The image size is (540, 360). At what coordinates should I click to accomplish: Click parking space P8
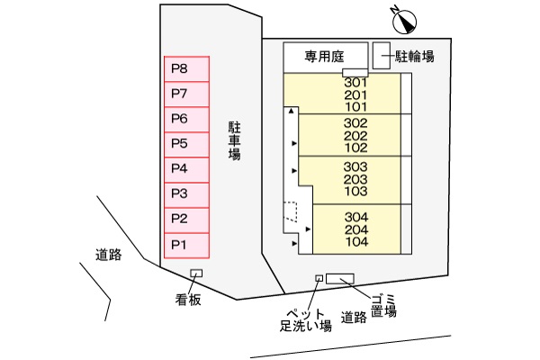pos(185,69)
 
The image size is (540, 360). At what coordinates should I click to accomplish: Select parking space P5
pos(185,144)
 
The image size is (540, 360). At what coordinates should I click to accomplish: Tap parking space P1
pos(185,244)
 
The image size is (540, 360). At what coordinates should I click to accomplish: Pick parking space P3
pos(185,193)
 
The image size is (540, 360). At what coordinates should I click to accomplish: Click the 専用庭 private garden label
pos(325,56)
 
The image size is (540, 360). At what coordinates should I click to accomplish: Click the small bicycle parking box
pos(381,54)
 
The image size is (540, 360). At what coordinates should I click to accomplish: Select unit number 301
pos(356,83)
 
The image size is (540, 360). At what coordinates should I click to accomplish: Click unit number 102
pos(356,148)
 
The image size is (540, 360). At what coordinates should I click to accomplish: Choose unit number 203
pos(356,179)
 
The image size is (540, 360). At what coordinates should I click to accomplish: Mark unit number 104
pos(356,242)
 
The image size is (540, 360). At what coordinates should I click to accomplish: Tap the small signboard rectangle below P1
pos(196,274)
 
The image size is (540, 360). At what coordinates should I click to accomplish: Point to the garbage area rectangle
pos(340,278)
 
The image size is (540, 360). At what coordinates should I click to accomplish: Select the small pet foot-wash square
pos(318,278)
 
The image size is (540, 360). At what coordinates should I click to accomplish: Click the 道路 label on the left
pos(109,254)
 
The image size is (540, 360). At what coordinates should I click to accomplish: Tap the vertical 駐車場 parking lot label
pos(234,139)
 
